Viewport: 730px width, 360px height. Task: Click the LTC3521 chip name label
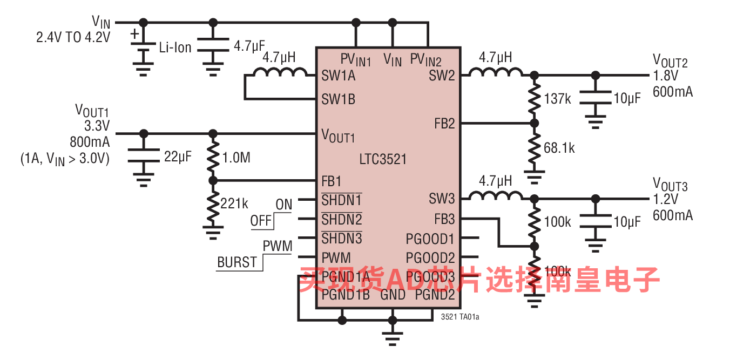[x=383, y=159]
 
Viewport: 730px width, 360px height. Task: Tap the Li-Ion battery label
[x=175, y=47]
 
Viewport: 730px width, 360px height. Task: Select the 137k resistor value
[x=558, y=99]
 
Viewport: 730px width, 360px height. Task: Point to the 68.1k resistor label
[x=559, y=148]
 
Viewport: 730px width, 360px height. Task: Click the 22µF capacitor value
[x=178, y=157]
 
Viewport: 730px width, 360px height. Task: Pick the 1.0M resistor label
[x=236, y=158]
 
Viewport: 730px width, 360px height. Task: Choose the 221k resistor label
[x=234, y=203]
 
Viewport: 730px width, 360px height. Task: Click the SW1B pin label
[x=339, y=99]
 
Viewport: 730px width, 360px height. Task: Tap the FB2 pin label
[x=444, y=124]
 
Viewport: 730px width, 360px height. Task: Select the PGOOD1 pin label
[x=430, y=239]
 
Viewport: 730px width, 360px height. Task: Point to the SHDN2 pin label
[x=342, y=219]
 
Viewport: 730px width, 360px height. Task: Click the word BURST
[x=237, y=262]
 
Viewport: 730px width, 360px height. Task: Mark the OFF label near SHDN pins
[x=261, y=221]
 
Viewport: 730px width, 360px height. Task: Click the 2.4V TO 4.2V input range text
[x=73, y=37]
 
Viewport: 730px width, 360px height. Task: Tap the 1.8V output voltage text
[x=665, y=76]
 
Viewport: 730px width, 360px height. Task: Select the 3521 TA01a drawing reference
[x=460, y=317]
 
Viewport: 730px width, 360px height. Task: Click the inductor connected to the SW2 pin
[x=496, y=72]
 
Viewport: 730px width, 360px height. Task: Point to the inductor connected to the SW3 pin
[x=496, y=195]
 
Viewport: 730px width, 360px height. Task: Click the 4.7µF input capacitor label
[x=249, y=46]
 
